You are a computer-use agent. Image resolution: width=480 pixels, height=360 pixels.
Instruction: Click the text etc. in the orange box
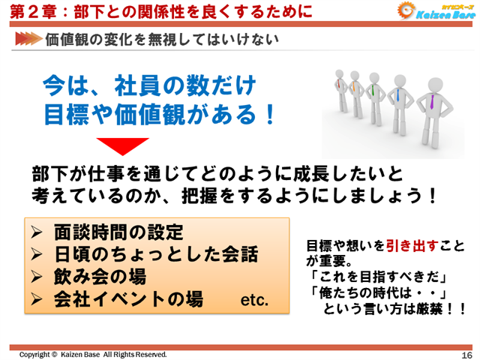[x=253, y=301]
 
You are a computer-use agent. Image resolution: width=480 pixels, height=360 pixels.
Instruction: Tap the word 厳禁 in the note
[x=438, y=307]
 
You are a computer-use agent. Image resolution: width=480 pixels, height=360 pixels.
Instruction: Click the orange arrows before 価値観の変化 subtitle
[x=27, y=37]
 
